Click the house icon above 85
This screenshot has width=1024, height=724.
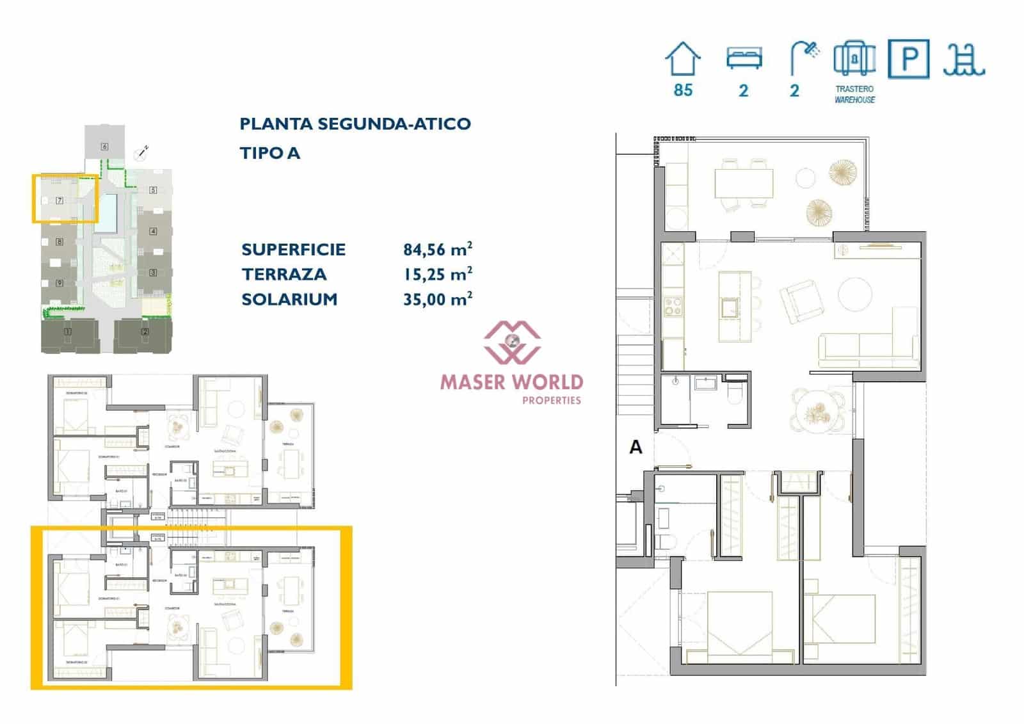coord(683,60)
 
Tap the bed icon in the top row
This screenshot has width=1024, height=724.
coord(744,58)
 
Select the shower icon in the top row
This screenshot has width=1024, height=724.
coord(804,58)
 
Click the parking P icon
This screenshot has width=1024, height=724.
coord(909,59)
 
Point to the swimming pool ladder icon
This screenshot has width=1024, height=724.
coord(964,60)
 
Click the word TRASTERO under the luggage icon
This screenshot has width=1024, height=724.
coord(854,89)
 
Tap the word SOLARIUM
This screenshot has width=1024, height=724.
coord(289,299)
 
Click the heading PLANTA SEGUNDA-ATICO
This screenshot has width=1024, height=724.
coord(355,124)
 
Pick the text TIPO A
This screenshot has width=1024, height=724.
coord(269,153)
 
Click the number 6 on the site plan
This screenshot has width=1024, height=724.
coord(104,147)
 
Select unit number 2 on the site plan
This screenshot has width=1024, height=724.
coord(145,332)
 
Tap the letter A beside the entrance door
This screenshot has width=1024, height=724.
coord(636,446)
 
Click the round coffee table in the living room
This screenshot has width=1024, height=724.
coord(855,294)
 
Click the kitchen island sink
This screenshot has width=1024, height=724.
coord(730,308)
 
